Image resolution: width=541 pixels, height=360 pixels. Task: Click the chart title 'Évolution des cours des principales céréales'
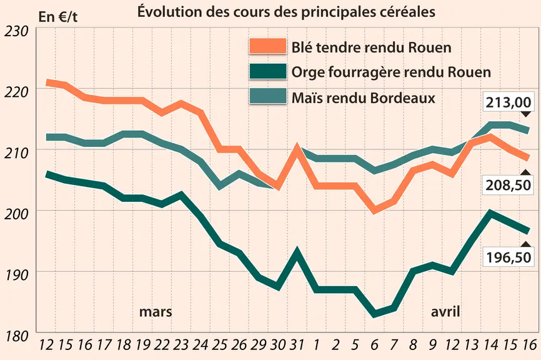coord(286,12)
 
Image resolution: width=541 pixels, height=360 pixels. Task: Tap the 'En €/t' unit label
coord(58,17)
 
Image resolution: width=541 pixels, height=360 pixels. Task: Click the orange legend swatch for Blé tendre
coord(268,46)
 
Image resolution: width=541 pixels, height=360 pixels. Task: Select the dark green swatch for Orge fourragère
coord(268,71)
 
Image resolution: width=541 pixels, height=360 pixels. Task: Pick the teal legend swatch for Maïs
coord(268,96)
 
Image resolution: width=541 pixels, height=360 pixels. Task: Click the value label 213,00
coord(509,102)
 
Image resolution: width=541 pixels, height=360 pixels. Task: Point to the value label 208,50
coord(509,185)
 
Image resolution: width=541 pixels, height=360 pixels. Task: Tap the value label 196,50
coord(509,257)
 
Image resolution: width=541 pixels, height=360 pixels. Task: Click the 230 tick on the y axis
coord(16,31)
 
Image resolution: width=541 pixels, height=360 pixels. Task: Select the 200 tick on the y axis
coord(16,214)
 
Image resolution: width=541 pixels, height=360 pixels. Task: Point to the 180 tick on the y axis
coord(16,336)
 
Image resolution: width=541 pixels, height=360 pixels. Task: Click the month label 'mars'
coord(156,312)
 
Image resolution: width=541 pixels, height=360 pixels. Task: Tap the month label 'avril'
coord(445,312)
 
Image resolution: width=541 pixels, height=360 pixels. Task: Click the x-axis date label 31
coord(297,344)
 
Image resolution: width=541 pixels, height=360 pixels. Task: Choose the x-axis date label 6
coord(375,344)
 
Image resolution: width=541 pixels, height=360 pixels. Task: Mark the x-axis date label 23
coord(181,344)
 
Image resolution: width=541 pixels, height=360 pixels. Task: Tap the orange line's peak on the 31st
coord(297,147)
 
